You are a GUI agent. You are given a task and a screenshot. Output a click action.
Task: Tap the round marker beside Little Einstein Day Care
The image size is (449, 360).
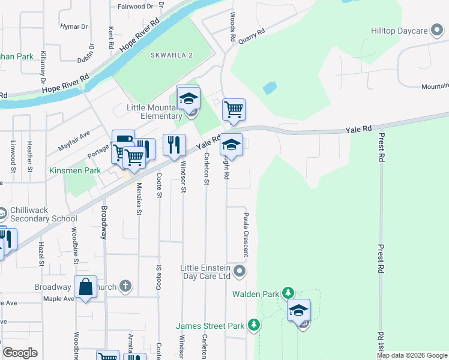[x=240, y=272]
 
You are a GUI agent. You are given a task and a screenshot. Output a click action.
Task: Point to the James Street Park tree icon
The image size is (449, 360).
[x=254, y=326]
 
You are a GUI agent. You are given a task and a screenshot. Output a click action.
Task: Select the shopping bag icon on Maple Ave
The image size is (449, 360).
[x=86, y=287]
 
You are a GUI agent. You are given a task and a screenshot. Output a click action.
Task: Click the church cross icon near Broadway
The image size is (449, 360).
[x=125, y=286]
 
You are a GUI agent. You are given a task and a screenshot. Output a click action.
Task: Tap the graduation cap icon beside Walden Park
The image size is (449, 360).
[x=298, y=311]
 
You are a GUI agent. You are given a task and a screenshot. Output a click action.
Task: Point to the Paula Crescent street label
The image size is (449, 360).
[x=246, y=234]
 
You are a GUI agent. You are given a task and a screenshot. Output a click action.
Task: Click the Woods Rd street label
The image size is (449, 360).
[x=232, y=29]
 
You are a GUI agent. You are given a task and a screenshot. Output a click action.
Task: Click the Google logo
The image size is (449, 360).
[x=20, y=353]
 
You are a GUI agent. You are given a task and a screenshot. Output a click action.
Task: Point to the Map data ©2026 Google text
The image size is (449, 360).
[x=411, y=355]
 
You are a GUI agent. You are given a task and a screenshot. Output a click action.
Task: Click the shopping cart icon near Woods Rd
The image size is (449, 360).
[x=234, y=110]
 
